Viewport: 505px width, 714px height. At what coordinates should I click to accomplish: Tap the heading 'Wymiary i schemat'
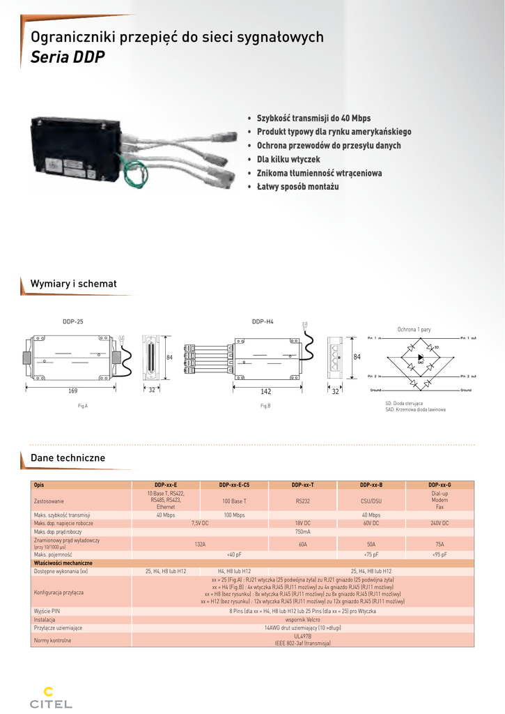click(73, 284)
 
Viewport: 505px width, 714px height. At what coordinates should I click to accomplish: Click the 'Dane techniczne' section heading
click(68, 458)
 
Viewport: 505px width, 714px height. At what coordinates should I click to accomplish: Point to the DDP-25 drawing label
click(73, 321)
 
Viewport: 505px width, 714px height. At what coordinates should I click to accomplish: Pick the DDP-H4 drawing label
click(263, 321)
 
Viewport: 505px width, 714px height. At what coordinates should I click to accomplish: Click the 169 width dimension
click(73, 390)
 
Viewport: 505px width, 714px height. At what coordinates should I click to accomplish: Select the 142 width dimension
click(265, 392)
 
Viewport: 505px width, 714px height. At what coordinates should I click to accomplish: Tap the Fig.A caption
click(83, 405)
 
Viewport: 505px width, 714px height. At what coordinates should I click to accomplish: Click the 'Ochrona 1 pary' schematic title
click(414, 328)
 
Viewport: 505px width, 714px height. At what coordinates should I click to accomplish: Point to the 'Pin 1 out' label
click(467, 337)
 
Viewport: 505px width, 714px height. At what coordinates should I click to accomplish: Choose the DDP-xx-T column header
click(302, 485)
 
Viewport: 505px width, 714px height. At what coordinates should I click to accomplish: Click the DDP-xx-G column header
click(440, 485)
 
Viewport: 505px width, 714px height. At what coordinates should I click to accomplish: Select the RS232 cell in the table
click(302, 501)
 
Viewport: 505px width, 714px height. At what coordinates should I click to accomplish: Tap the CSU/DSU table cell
click(371, 501)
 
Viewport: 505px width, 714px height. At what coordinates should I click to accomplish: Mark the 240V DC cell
click(440, 523)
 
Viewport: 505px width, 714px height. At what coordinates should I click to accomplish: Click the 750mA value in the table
click(302, 531)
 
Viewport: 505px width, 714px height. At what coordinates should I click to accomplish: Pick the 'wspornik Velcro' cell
click(302, 619)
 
